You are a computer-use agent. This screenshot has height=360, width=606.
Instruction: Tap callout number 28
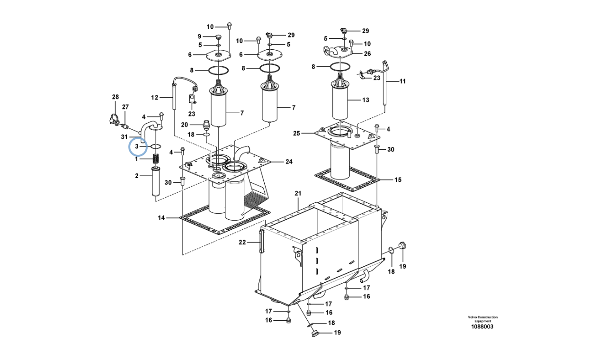pyautogui.click(x=116, y=97)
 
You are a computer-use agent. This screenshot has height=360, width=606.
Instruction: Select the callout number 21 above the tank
pyautogui.click(x=298, y=193)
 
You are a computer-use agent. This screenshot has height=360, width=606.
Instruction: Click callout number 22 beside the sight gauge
pyautogui.click(x=242, y=243)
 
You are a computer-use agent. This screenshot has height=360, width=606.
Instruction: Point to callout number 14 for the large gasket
pyautogui.click(x=161, y=218)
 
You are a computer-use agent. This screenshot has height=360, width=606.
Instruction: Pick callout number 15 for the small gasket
pyautogui.click(x=398, y=180)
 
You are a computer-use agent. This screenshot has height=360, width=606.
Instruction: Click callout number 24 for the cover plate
pyautogui.click(x=289, y=162)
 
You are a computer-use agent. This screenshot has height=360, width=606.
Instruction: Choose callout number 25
pyautogui.click(x=296, y=134)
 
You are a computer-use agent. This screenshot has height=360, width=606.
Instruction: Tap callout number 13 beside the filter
pyautogui.click(x=365, y=100)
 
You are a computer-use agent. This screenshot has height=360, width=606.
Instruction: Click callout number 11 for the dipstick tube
pyautogui.click(x=402, y=81)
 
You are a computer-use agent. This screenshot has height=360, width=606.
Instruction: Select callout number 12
pyautogui.click(x=155, y=98)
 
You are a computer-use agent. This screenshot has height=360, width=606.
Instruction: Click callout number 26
pyautogui.click(x=367, y=54)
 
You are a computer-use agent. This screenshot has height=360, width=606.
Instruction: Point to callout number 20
pyautogui.click(x=185, y=125)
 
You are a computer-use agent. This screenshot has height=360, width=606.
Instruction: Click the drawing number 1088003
pyautogui.click(x=482, y=327)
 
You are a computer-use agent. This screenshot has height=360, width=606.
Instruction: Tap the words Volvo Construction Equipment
pyautogui.click(x=482, y=319)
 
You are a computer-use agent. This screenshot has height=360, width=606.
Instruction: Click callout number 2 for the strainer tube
pyautogui.click(x=137, y=176)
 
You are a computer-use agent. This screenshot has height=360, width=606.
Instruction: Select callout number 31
pyautogui.click(x=124, y=137)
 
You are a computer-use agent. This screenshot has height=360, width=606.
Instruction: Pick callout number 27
pyautogui.click(x=125, y=107)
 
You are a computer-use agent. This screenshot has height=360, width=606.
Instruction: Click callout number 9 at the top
pyautogui.click(x=199, y=36)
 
